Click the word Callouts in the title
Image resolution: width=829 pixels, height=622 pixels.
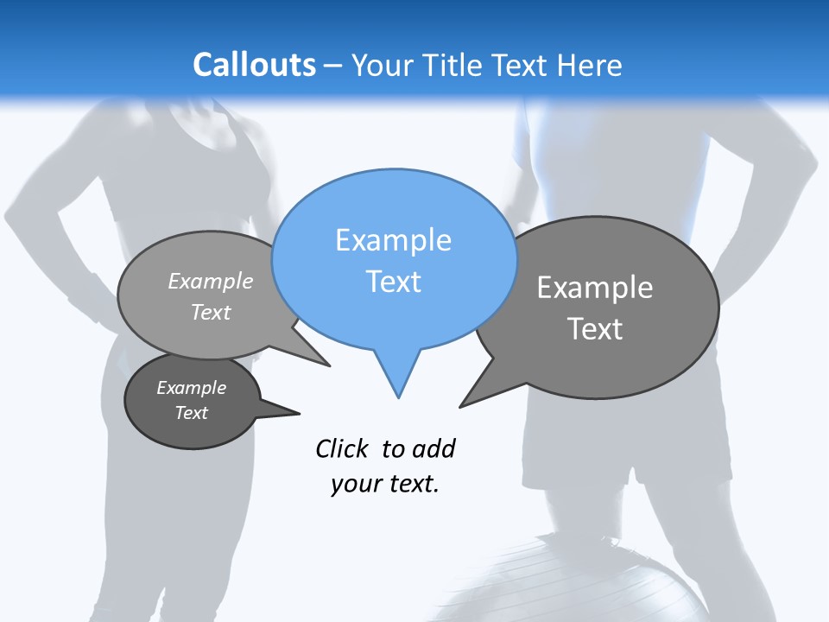point(254,65)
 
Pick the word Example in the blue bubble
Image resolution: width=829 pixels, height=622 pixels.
point(393,240)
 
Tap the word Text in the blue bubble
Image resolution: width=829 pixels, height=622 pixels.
point(393,282)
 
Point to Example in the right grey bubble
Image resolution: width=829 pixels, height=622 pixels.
point(595,288)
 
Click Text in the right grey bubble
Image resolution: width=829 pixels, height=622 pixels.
point(595,329)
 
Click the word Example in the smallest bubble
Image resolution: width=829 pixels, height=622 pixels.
point(192,388)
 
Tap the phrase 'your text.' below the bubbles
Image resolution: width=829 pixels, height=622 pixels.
point(385,485)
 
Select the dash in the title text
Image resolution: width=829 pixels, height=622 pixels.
point(334,66)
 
